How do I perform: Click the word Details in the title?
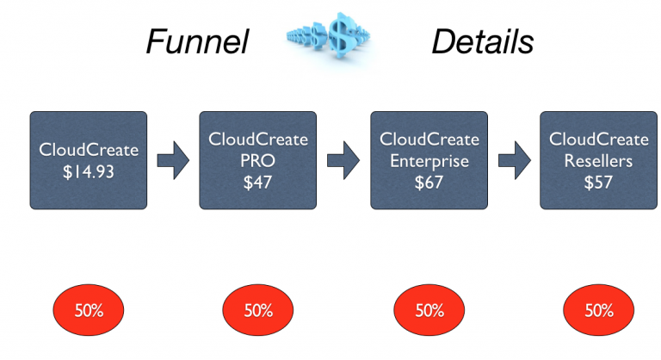(x=482, y=40)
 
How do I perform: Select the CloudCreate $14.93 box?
(x=89, y=160)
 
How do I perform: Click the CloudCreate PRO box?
(x=258, y=160)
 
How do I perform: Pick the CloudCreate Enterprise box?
(x=429, y=160)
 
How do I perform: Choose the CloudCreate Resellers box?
(x=598, y=160)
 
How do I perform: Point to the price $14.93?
(x=89, y=171)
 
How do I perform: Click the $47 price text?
(x=258, y=183)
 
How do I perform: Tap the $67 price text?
(x=429, y=183)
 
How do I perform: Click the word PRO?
(x=258, y=161)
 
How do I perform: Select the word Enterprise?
(x=429, y=161)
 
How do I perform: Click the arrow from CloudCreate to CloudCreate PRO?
(x=173, y=160)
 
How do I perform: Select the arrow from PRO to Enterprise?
(x=343, y=160)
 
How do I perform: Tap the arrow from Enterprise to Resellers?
(x=514, y=160)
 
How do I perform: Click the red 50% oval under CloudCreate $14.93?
(x=89, y=310)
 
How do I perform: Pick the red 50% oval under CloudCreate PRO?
(x=258, y=310)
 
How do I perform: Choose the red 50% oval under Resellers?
(x=599, y=310)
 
